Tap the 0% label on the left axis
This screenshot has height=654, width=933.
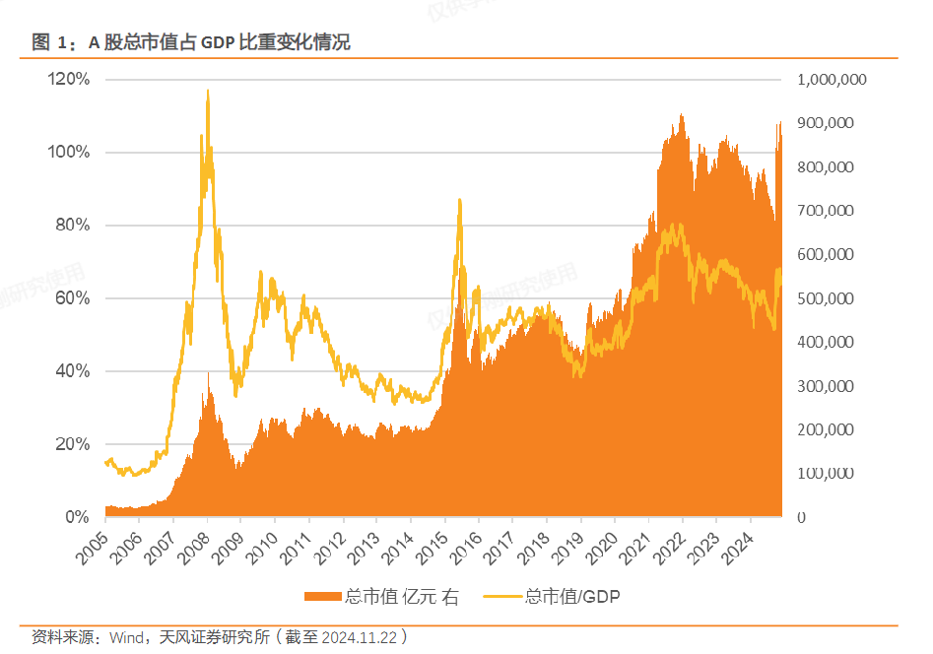78,516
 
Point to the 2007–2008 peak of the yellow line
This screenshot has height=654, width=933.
207,91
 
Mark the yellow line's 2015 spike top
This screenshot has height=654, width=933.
459,200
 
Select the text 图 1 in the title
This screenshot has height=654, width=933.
48,42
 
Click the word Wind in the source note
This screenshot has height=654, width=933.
128,637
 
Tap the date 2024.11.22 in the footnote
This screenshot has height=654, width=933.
357,637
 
